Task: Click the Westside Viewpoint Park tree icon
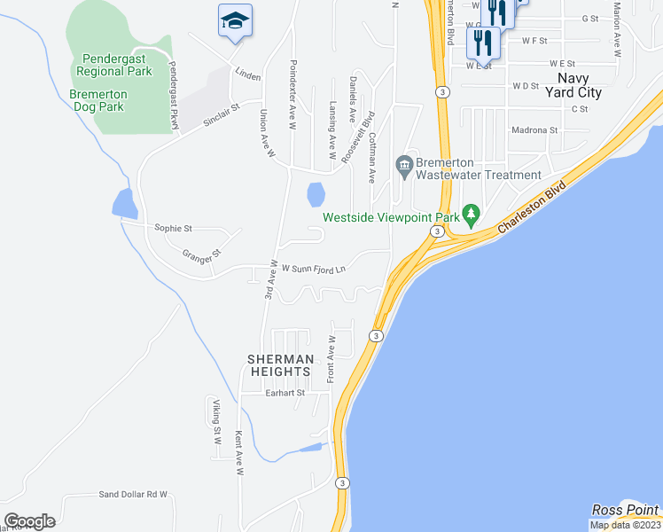pos(472,214)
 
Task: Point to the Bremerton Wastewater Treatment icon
pos(404,164)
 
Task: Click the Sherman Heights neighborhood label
pos(280,365)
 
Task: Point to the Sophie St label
pos(173,228)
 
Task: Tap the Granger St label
pos(201,256)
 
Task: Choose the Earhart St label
pos(285,393)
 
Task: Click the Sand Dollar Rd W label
pos(133,494)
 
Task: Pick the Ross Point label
pos(626,510)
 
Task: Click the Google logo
pos(30,521)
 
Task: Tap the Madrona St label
pos(534,129)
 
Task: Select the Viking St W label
pos(215,422)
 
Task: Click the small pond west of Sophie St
pos(124,203)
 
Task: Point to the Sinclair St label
pos(222,115)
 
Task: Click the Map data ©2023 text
pos(624,525)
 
